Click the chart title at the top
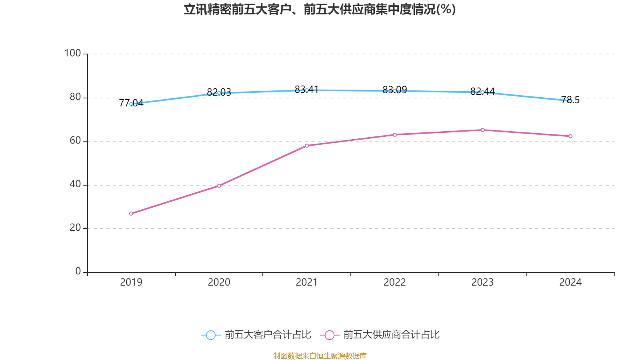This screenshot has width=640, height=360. [x=320, y=9]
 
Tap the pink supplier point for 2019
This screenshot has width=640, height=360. [x=131, y=214]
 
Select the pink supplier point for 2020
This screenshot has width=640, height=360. [x=219, y=186]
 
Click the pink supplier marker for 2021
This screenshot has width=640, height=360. [x=307, y=146]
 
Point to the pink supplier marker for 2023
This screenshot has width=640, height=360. [x=482, y=130]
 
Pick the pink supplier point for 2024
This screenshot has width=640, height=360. [x=570, y=136]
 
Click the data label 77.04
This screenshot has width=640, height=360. [x=131, y=103]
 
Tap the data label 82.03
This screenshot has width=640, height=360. [x=219, y=92]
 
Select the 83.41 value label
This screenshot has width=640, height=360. [x=307, y=89]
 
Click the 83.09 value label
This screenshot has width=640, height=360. [x=394, y=90]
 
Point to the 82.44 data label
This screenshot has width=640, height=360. [x=482, y=91]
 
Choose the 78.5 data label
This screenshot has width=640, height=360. [x=570, y=100]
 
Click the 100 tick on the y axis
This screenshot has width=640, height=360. [x=72, y=53]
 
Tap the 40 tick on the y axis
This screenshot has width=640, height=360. [x=75, y=184]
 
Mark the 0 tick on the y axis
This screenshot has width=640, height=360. [x=78, y=272]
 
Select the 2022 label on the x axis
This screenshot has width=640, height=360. [x=394, y=282]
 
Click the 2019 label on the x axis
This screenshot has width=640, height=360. [x=131, y=282]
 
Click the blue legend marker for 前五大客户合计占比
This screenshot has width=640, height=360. [x=211, y=335]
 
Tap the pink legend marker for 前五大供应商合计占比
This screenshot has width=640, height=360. [x=330, y=335]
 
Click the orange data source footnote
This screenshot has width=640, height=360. [x=320, y=356]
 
